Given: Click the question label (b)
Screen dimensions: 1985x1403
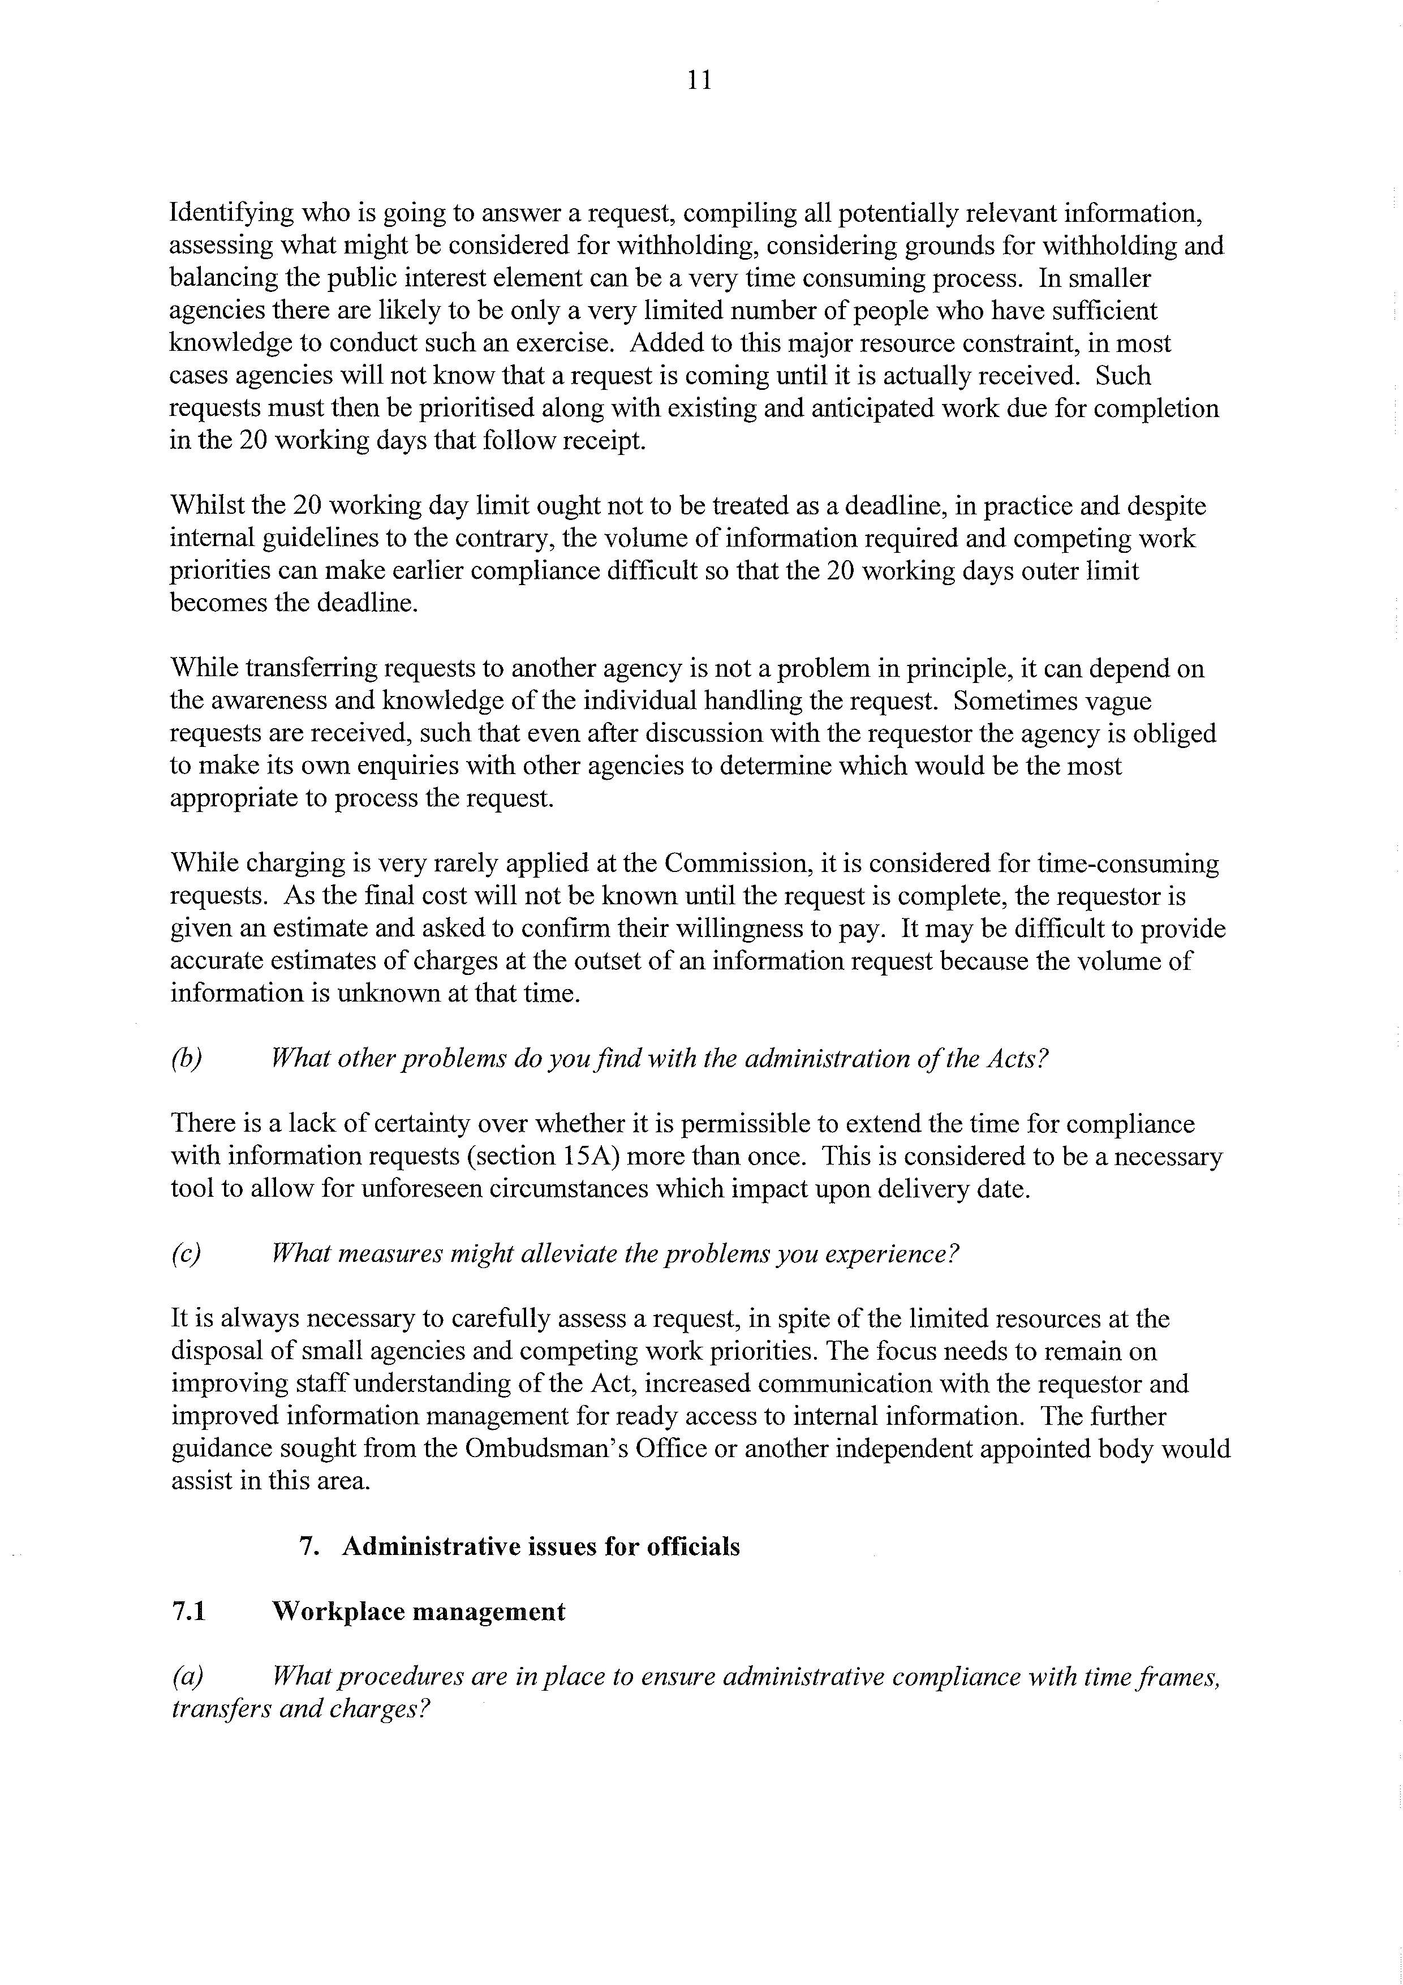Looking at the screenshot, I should pos(186,1059).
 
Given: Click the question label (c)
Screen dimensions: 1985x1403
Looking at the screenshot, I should pos(186,1253).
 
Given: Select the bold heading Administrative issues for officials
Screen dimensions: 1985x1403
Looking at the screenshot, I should pos(540,1546).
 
